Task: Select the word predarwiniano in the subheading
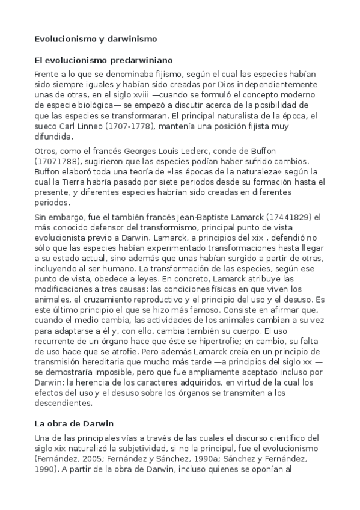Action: point(145,60)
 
